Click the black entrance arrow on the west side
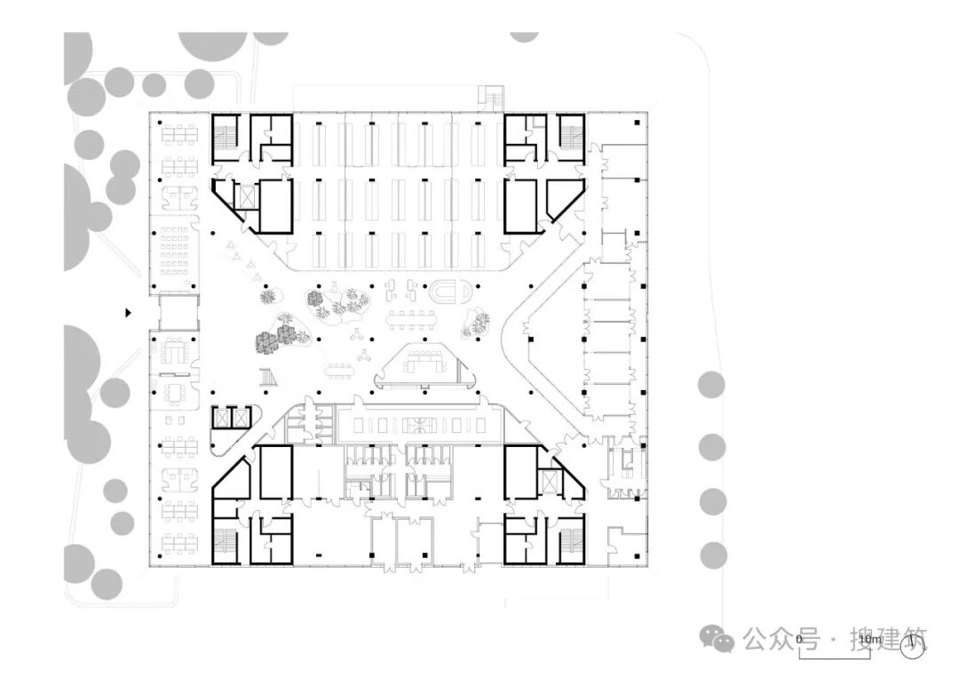pos(129,312)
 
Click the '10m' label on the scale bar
pos(869,639)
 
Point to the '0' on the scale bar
pos(799,639)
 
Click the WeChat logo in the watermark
pos(717,637)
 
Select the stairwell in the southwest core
pos(224,544)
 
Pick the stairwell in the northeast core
pos(571,138)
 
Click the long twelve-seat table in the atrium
pos(413,317)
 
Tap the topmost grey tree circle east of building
pos(710,385)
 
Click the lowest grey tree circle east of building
pos(712,555)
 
